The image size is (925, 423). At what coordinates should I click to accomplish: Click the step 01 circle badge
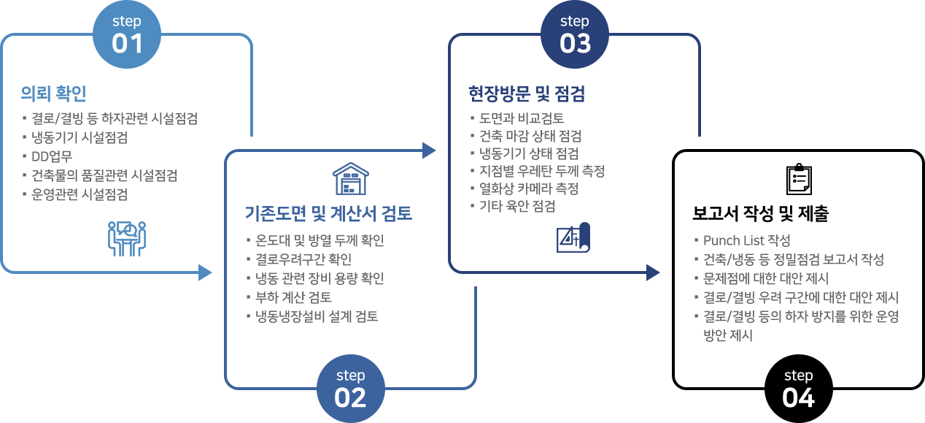point(127,34)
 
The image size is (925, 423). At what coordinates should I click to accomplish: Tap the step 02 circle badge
point(351,389)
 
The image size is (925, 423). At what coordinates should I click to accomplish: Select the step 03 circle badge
point(575,34)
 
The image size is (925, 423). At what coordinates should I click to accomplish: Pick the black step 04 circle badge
point(799,389)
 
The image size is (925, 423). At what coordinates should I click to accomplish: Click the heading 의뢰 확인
point(54,94)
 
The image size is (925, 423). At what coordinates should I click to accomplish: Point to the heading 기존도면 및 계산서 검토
point(328,213)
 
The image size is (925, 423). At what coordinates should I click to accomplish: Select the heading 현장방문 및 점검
point(527,94)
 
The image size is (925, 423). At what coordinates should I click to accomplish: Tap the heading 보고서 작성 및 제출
point(760,213)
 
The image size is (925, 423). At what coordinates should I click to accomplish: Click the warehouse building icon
point(351,179)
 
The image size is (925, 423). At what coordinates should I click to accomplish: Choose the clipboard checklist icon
point(799,179)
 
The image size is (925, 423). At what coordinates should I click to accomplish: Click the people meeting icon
point(127,239)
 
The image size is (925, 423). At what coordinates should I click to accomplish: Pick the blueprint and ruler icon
point(573,237)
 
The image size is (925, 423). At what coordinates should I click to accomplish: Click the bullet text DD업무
point(52,156)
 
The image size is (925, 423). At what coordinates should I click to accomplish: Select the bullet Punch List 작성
point(746,240)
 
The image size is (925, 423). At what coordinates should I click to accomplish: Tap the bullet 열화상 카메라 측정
point(529,188)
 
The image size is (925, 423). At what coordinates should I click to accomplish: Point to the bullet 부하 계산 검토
point(293,297)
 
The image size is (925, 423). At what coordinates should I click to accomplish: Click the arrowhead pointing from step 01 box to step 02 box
point(205,273)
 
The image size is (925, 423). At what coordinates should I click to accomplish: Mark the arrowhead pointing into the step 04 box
point(653,273)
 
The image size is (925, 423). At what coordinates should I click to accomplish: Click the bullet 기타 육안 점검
point(517,206)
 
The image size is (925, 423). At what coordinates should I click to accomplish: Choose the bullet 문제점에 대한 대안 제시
point(766,278)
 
